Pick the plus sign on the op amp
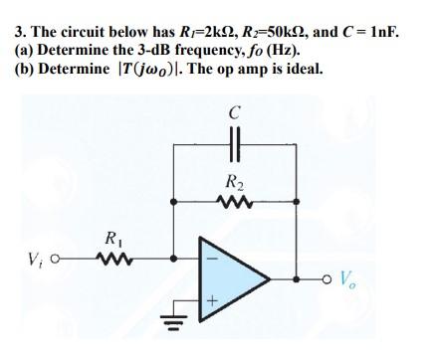[x=211, y=297]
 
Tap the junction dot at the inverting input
[x=174, y=262]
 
